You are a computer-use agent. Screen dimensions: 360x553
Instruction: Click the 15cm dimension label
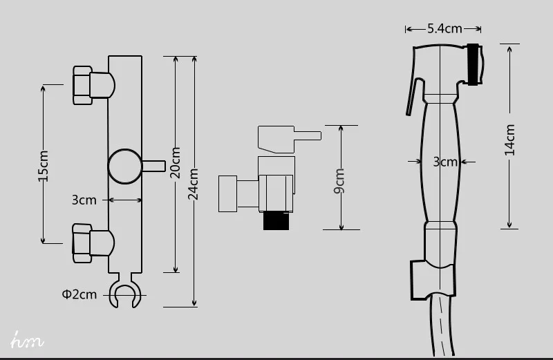44,166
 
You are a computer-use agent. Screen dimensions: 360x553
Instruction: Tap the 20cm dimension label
175,162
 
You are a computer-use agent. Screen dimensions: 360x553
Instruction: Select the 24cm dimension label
194,184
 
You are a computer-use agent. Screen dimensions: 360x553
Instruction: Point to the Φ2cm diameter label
79,294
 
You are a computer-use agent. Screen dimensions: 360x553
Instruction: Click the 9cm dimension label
339,181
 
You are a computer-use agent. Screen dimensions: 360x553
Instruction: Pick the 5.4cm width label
444,28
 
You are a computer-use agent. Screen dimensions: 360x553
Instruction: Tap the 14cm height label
510,140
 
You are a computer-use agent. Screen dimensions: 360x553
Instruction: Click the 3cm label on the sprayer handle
445,162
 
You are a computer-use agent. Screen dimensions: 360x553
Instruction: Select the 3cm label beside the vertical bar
84,200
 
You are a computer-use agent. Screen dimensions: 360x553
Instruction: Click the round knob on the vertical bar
124,166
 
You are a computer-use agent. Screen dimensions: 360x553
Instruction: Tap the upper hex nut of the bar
82,86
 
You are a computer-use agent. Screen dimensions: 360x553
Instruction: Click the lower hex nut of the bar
82,243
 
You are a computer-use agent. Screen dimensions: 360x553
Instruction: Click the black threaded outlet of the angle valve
276,220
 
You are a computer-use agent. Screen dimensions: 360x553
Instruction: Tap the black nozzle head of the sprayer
474,64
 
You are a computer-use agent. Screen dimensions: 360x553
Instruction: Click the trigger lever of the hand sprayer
413,96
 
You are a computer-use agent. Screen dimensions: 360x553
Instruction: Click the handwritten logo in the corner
27,340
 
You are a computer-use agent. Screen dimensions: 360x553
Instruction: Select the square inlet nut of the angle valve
228,193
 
